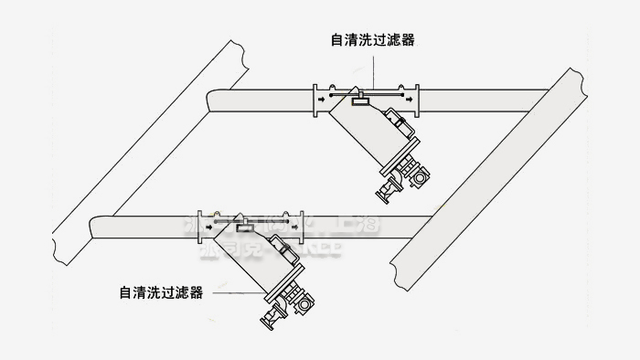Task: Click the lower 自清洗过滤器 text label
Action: pos(161,292)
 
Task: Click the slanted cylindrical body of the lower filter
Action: pos(251,260)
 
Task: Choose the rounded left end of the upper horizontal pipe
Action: pos(212,97)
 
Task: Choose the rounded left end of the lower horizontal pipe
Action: pos(93,225)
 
